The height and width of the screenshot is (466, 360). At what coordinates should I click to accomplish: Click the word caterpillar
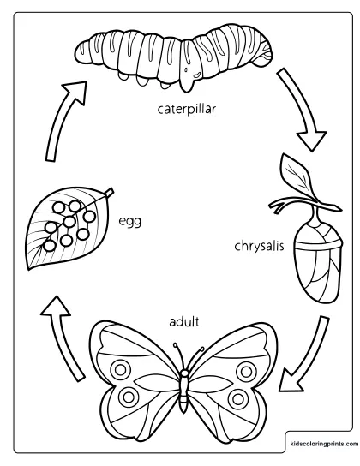click(x=186, y=110)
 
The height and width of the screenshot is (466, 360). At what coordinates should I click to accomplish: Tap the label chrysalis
click(x=259, y=246)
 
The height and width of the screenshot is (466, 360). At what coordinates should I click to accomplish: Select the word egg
click(x=129, y=222)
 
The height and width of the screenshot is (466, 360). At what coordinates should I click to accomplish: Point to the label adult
click(x=184, y=321)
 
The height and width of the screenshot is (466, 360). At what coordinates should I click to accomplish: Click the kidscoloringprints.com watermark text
click(x=324, y=444)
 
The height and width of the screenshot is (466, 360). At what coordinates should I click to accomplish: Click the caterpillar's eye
click(x=186, y=70)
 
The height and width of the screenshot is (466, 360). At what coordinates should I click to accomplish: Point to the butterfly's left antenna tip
click(x=176, y=344)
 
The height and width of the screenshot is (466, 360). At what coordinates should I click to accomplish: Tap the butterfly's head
click(x=185, y=373)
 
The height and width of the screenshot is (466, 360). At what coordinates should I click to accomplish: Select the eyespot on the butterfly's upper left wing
click(x=120, y=370)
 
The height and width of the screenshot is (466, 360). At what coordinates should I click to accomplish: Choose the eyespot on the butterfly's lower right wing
click(x=237, y=398)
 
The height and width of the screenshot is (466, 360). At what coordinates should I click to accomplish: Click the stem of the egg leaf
click(x=109, y=192)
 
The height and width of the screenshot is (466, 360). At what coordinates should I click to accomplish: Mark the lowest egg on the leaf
click(x=50, y=246)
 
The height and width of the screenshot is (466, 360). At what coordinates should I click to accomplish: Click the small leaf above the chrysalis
click(x=296, y=176)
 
